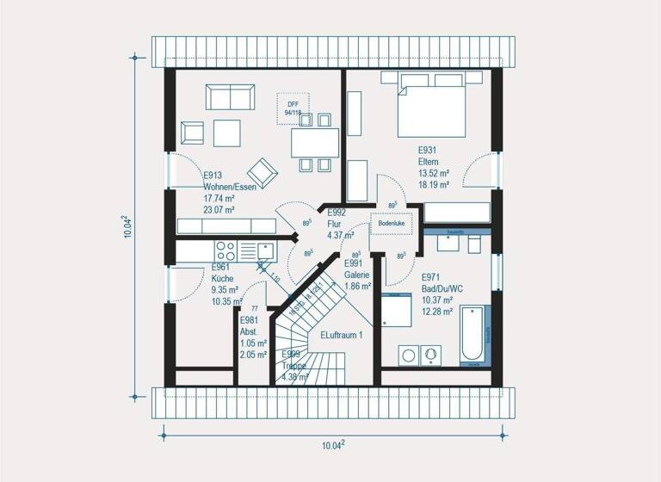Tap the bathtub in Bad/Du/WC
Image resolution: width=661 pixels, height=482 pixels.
coord(473,336)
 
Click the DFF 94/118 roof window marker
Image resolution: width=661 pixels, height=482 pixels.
coord(293,108)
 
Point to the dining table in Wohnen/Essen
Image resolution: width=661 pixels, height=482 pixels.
coord(312,141)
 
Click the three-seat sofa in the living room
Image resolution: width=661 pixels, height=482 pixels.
coord(228,96)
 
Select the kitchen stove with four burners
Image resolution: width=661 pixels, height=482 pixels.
coord(225,250)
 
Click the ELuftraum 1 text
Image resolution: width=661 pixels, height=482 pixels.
coord(343,334)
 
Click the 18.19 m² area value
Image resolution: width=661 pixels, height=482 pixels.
coord(434,184)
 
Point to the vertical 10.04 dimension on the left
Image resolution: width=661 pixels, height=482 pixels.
coord(127,226)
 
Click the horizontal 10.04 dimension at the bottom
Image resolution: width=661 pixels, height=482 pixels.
coord(332,444)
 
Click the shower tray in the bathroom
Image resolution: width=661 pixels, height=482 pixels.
coord(398,308)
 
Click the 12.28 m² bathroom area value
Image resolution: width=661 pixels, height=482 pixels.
coord(437,311)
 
